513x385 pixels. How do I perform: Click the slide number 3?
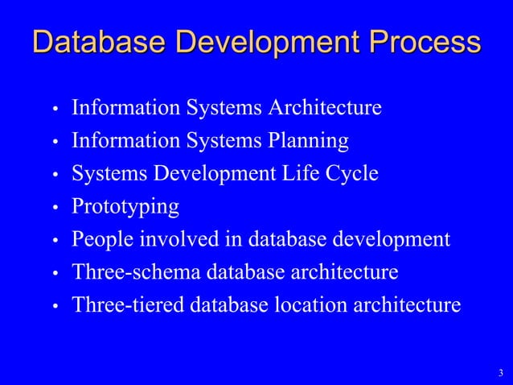coord(500,372)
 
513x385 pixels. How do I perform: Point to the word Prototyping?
coord(125,207)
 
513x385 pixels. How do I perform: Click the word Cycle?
coord(353,174)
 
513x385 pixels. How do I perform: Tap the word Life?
coord(306,174)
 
